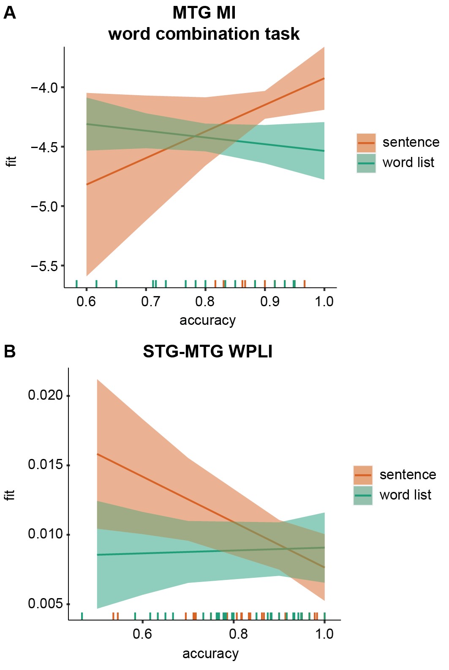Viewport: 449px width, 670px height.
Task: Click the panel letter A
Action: [x=10, y=13]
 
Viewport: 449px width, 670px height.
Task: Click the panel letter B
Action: [x=10, y=351]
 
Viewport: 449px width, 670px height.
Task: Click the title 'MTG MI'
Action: [x=204, y=13]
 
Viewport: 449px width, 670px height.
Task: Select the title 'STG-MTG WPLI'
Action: [x=207, y=351]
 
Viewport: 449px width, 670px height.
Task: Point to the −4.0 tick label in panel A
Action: [x=44, y=88]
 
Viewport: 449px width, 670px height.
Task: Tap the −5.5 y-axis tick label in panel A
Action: [x=44, y=266]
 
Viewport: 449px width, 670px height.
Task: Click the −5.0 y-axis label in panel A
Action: [x=44, y=206]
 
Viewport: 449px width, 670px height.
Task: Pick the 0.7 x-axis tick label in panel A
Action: [x=151, y=302]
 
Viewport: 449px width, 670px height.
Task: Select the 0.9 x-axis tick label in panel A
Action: [x=270, y=302]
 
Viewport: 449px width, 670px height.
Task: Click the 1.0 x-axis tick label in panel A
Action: [x=324, y=302]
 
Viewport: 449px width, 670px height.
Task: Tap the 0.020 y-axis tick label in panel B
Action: [x=45, y=395]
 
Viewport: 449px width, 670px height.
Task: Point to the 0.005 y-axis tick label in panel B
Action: [x=45, y=603]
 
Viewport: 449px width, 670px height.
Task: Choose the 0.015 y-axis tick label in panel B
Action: [x=45, y=464]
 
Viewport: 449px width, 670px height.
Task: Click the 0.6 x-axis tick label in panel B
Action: [x=142, y=634]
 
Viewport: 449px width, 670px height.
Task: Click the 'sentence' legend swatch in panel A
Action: [x=366, y=143]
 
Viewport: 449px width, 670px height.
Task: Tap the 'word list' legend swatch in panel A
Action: [x=366, y=163]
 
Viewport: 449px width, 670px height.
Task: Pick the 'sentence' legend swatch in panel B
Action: [x=363, y=475]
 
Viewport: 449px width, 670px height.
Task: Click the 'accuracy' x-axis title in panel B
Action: [x=210, y=654]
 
